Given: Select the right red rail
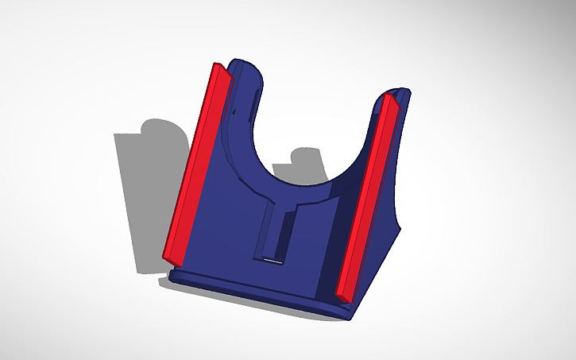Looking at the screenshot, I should tap(369, 195).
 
